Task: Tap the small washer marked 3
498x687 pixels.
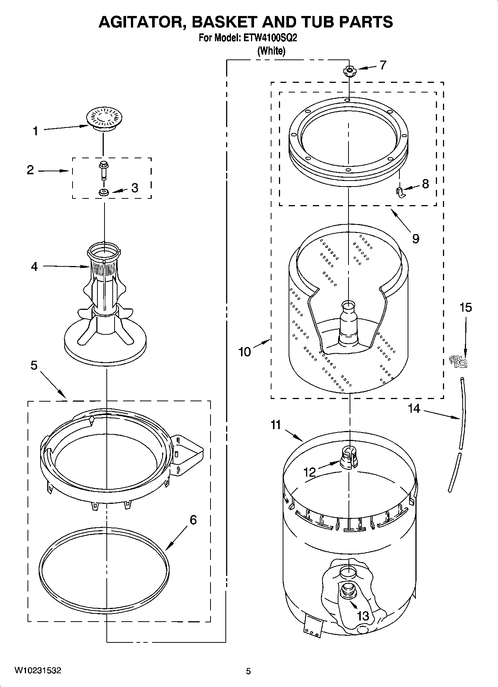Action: [x=103, y=192]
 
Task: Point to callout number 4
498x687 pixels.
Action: [x=34, y=266]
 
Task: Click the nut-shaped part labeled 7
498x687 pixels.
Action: [x=349, y=70]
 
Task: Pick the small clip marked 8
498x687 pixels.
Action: [x=400, y=193]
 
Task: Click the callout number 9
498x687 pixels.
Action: [x=415, y=238]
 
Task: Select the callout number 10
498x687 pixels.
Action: [x=244, y=351]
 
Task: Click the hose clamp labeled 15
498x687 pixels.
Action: [x=459, y=361]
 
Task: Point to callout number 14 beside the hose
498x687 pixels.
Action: [x=414, y=409]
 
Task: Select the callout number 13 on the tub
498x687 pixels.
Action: [x=363, y=616]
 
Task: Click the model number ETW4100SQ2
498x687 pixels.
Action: [x=270, y=38]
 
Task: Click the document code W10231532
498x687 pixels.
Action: [x=38, y=670]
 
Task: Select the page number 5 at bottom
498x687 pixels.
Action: [x=248, y=671]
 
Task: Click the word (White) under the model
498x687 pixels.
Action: [x=272, y=51]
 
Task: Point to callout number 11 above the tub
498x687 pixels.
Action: [x=275, y=424]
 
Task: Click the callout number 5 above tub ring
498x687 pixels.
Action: [x=34, y=366]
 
